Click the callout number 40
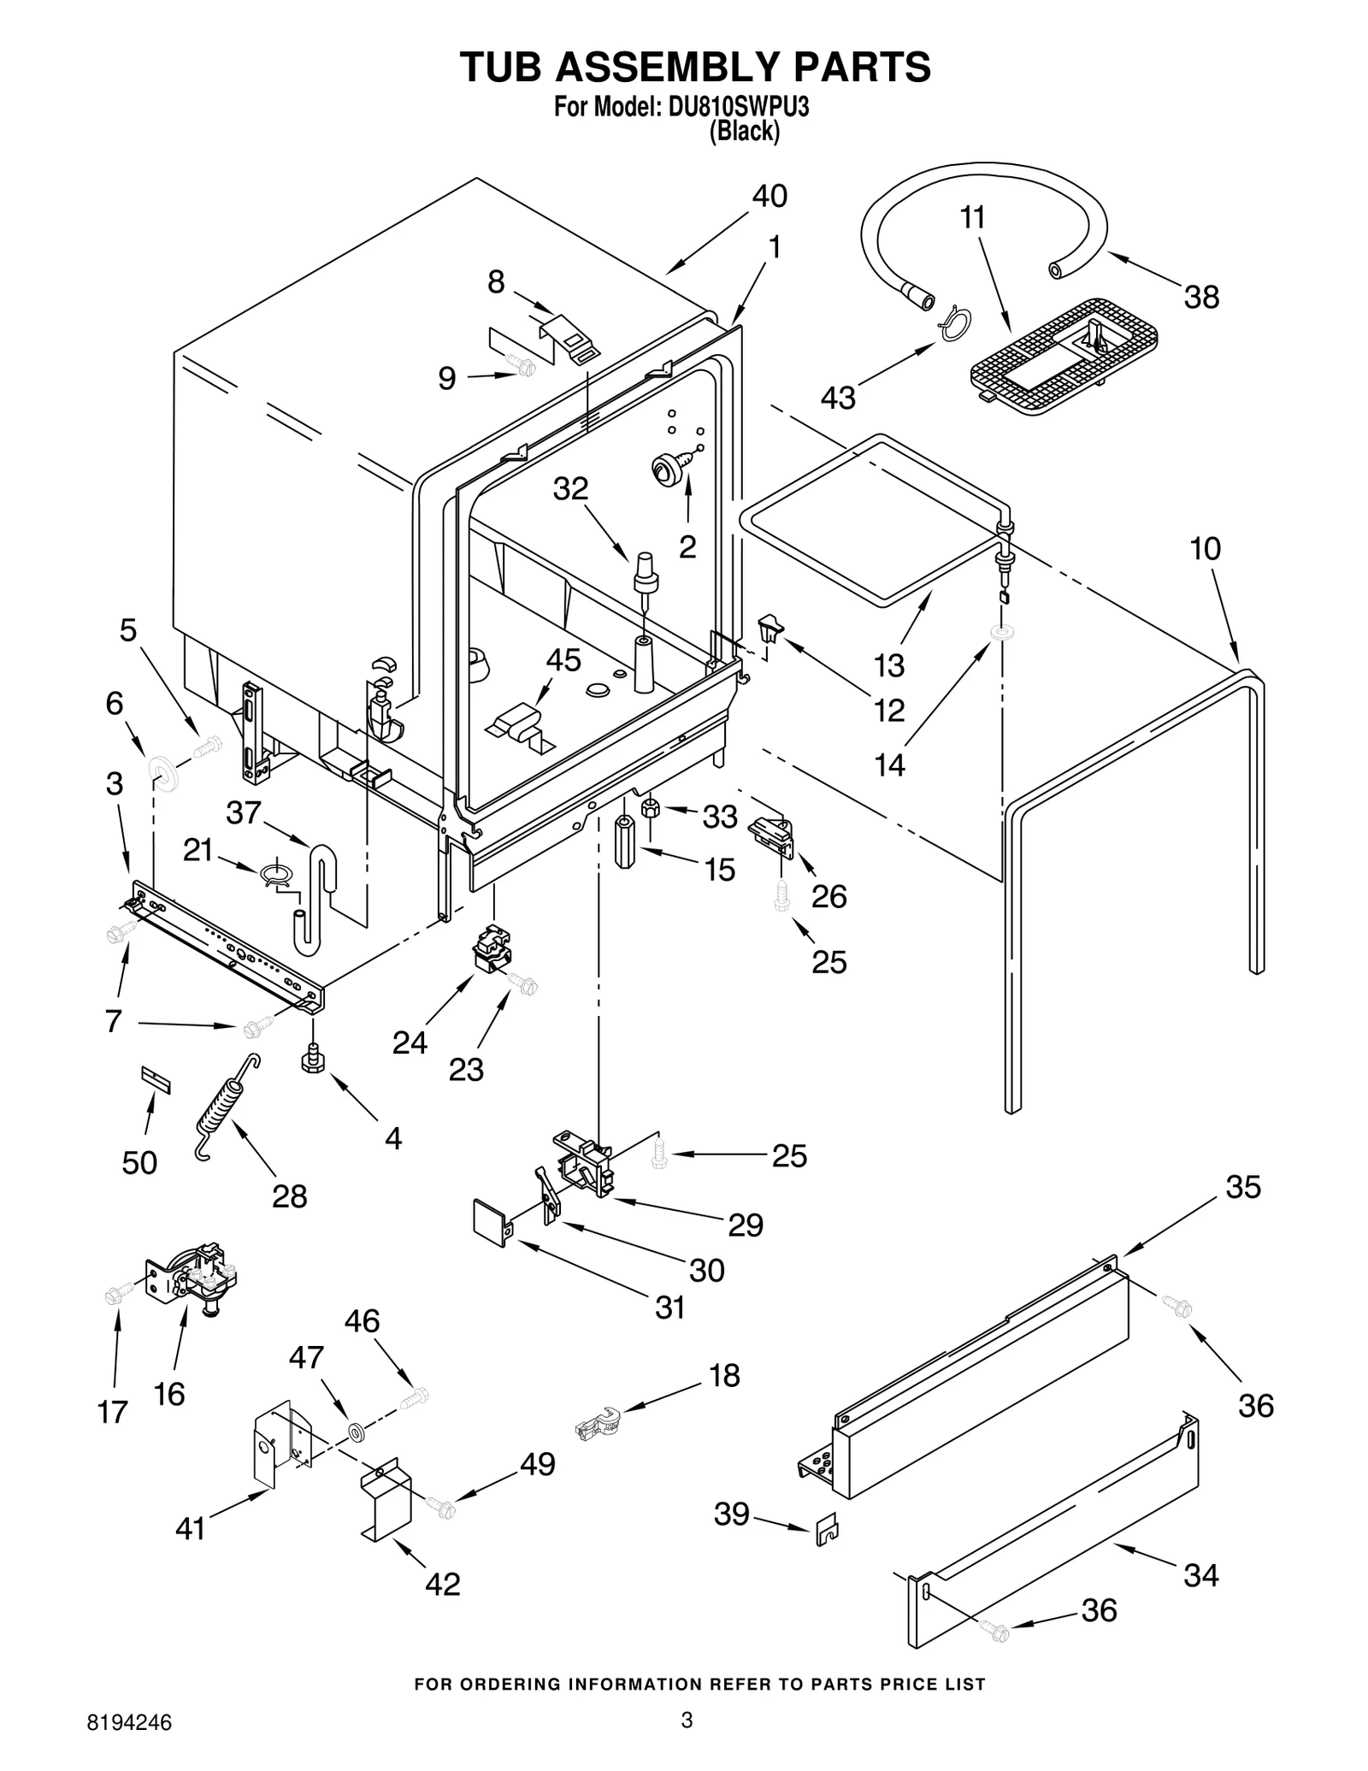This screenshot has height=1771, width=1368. pyautogui.click(x=769, y=197)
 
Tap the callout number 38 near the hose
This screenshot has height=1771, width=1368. pyautogui.click(x=1200, y=298)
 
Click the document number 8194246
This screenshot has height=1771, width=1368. pyautogui.click(x=129, y=1722)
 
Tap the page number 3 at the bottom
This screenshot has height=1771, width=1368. pyautogui.click(x=686, y=1720)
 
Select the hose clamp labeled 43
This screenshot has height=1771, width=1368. pyautogui.click(x=956, y=323)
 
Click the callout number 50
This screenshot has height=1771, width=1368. pyautogui.click(x=139, y=1162)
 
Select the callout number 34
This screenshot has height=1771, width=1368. pyautogui.click(x=1200, y=1574)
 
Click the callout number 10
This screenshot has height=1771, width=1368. pyautogui.click(x=1206, y=548)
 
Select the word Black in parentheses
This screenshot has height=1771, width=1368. pyautogui.click(x=745, y=131)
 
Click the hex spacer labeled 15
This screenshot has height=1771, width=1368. pyautogui.click(x=627, y=842)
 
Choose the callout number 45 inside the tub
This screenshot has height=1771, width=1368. pyautogui.click(x=563, y=660)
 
